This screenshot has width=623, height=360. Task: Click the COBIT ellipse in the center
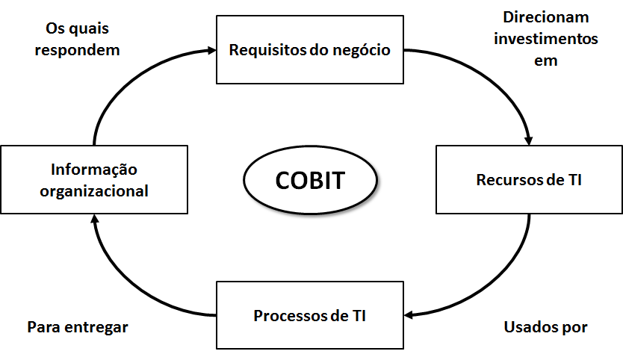(311, 181)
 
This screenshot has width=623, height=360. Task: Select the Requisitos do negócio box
(309, 51)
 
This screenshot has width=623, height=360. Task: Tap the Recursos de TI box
(530, 180)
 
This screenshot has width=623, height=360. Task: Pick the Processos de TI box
(310, 314)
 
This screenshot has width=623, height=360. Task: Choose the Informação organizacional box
(94, 180)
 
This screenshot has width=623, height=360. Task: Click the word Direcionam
(536, 16)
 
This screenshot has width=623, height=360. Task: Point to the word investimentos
(545, 39)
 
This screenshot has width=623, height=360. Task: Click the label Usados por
(546, 327)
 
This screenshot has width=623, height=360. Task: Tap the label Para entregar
(78, 327)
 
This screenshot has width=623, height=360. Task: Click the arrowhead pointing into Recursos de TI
(530, 140)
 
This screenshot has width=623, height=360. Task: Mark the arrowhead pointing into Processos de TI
(409, 314)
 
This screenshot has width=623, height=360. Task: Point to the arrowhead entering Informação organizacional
(94, 219)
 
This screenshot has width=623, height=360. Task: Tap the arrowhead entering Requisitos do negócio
(210, 51)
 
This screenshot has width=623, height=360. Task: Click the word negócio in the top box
(363, 51)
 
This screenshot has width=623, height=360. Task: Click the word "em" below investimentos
(546, 61)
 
